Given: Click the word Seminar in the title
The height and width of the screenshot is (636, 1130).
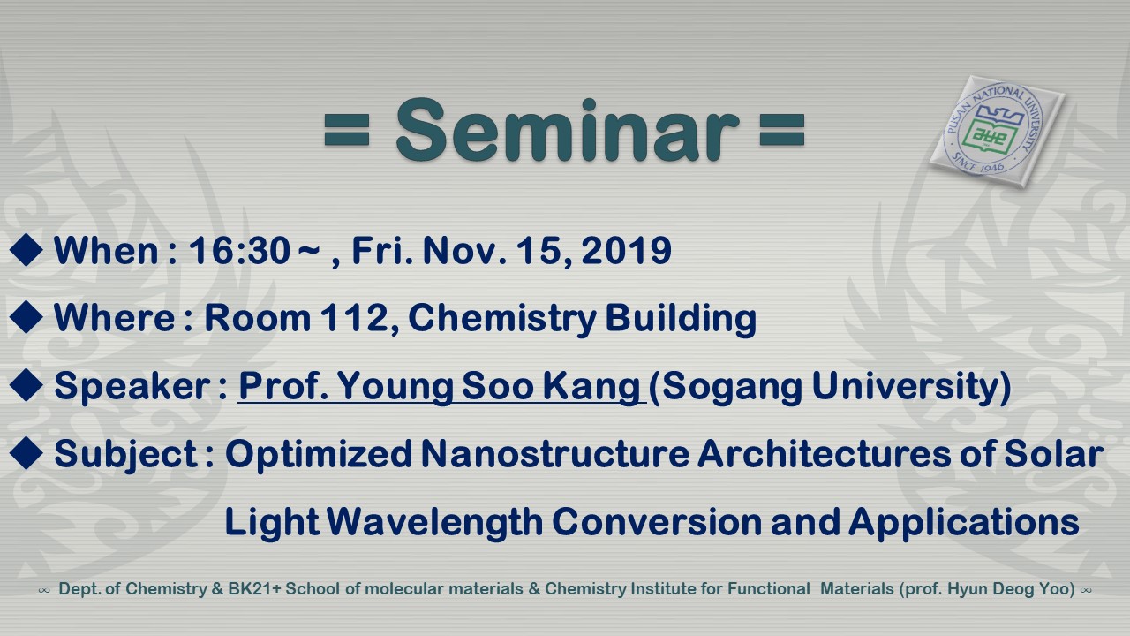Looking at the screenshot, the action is tap(568, 130).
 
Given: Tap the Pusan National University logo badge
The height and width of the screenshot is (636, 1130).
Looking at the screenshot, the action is tap(998, 132).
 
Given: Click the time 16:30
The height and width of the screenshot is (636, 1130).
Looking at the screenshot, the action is tap(239, 250).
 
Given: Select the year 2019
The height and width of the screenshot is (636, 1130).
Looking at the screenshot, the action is tap(626, 250).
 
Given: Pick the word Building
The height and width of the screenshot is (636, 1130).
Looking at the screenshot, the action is tap(681, 319).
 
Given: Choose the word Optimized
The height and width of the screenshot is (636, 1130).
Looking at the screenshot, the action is tap(319, 454).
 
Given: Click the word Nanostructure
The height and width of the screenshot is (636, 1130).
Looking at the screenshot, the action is tap(555, 454).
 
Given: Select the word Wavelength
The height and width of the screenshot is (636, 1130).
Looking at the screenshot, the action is tap(434, 522).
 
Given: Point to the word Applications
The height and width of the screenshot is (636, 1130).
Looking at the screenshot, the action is tap(964, 522).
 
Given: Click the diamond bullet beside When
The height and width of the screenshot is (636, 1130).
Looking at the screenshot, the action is tap(26, 249).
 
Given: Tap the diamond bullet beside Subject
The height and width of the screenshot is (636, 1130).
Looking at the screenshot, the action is tap(26, 453).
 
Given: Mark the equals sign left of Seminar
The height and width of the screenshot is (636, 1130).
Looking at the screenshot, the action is tap(347, 130).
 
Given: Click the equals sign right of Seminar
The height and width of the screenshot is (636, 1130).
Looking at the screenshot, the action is tap(782, 130).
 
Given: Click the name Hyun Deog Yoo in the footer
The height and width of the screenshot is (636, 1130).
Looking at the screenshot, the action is tap(1008, 589).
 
